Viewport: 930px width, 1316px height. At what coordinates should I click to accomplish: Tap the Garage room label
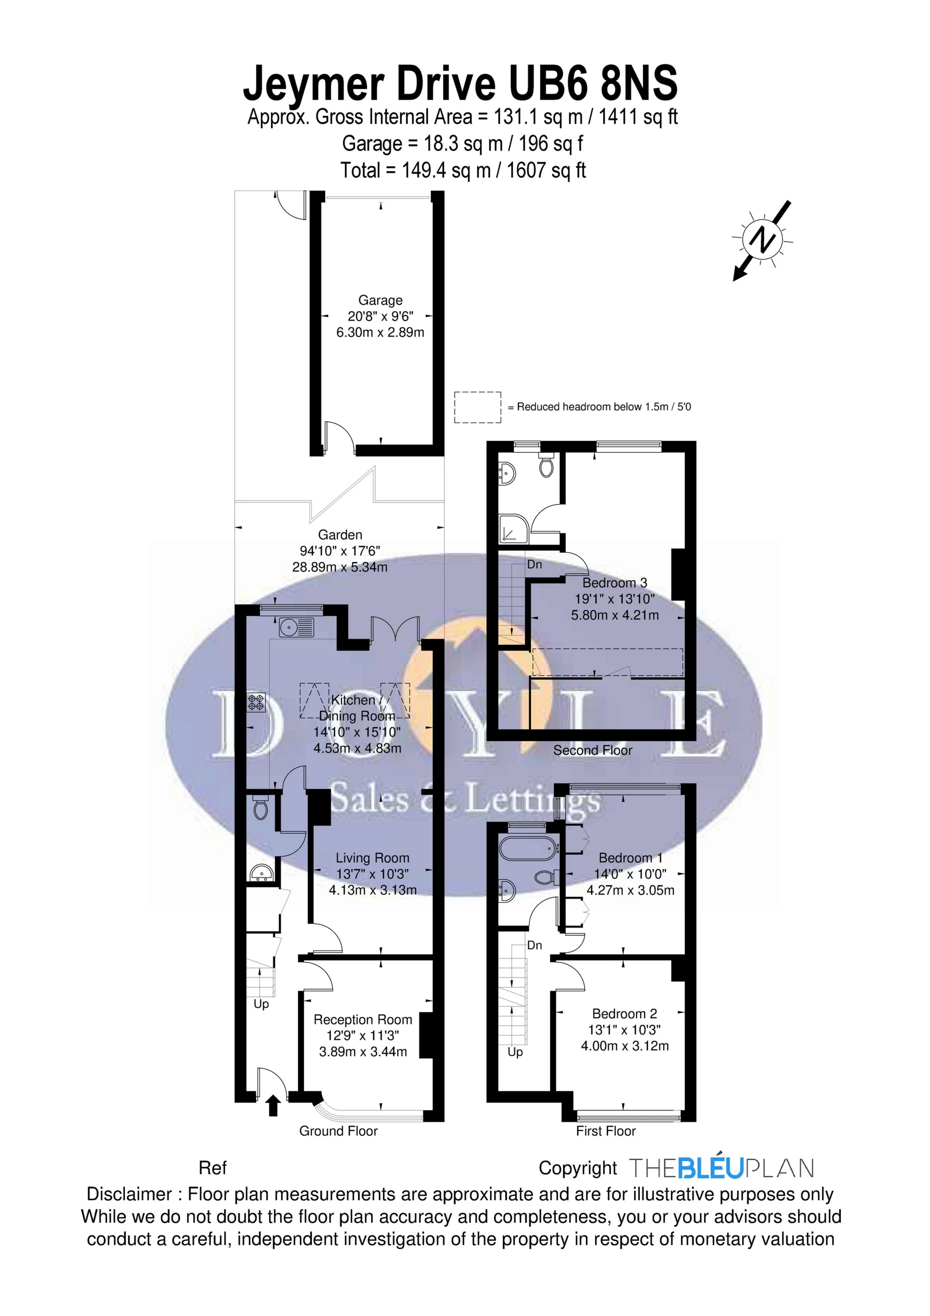(380, 300)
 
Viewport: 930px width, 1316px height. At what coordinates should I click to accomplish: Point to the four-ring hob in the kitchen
(256, 702)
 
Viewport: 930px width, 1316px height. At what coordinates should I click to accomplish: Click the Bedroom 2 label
(625, 1013)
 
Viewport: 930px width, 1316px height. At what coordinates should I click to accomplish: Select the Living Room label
(372, 858)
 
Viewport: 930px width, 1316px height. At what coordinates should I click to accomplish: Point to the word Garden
(340, 535)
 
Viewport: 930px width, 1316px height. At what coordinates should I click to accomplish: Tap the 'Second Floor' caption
(592, 750)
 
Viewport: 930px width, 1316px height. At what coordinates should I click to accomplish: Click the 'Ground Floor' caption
(338, 1131)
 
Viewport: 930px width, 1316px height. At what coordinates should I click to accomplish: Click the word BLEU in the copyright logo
(710, 1168)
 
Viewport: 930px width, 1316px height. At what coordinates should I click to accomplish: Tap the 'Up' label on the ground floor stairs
(261, 1004)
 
